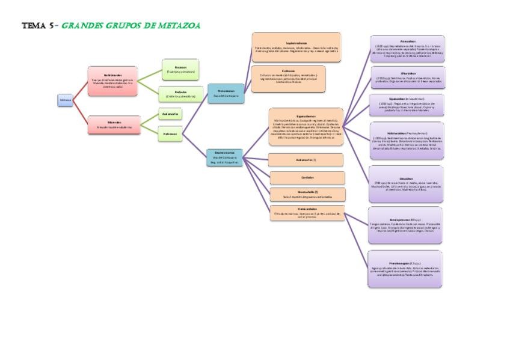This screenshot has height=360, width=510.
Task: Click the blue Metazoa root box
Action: click(x=66, y=100)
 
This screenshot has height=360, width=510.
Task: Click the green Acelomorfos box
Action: click(x=170, y=113)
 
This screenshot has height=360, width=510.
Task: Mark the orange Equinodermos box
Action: click(x=306, y=127)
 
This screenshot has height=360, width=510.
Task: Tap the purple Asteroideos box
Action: click(x=407, y=49)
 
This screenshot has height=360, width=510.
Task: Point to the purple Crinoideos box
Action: click(x=407, y=184)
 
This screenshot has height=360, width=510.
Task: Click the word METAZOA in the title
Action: click(x=174, y=26)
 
